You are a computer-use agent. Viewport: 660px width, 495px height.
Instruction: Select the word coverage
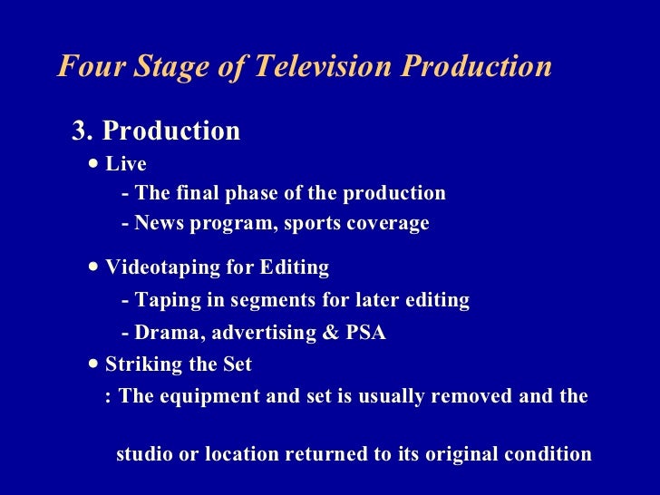[385, 223]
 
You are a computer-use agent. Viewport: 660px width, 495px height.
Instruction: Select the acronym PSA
[365, 333]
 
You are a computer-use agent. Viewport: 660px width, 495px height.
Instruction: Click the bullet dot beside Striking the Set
[96, 364]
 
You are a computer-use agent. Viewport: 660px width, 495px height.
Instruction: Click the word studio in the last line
[145, 454]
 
